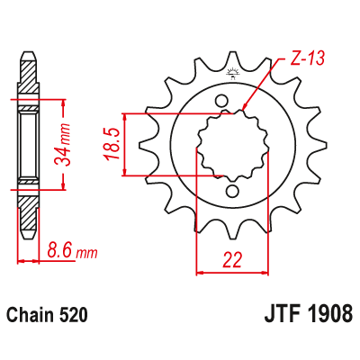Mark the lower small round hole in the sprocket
pos(233,191)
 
